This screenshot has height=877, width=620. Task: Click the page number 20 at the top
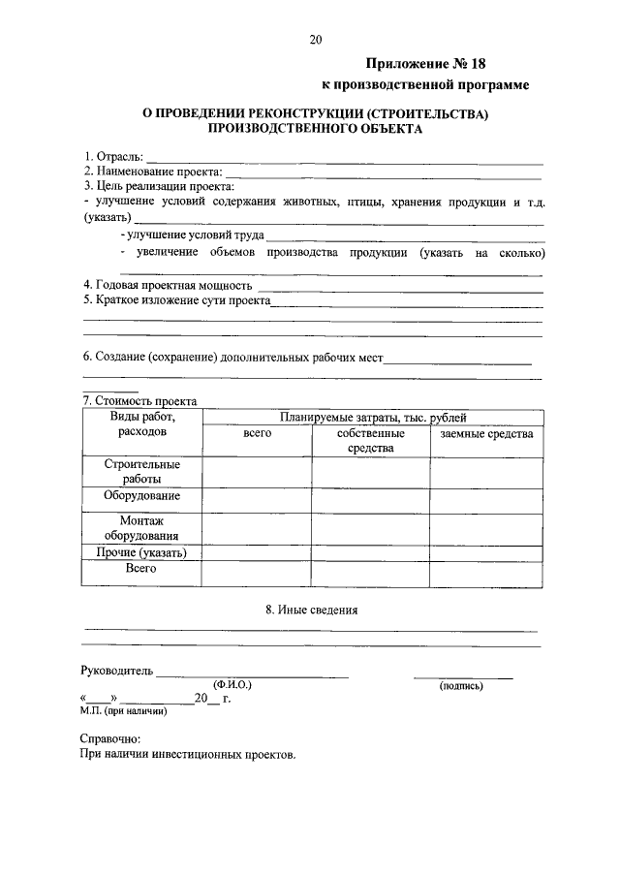coord(315,41)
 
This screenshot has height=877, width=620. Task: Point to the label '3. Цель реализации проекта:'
coord(160,186)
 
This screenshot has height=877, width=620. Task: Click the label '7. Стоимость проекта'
coord(140,401)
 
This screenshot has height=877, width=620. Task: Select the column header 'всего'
coord(257,434)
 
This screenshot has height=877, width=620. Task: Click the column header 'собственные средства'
coord(370,441)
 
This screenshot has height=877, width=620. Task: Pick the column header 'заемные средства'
coord(486,434)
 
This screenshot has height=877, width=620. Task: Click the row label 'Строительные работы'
coord(141,471)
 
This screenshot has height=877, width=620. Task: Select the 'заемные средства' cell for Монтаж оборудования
coord(486,528)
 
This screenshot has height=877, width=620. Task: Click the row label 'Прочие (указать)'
coord(141,553)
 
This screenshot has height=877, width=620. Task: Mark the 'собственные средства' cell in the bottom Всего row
coord(370,574)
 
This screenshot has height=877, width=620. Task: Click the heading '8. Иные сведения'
coord(311,611)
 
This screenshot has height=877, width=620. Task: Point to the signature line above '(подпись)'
coord(463,675)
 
